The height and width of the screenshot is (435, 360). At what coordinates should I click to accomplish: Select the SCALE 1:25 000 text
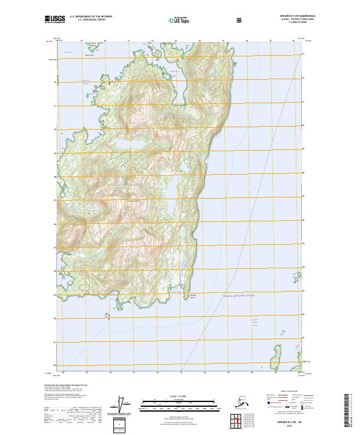click(x=179, y=396)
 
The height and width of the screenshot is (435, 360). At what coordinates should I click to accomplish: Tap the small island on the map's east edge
click(x=295, y=275)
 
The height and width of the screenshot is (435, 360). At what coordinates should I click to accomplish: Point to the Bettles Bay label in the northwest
click(x=67, y=52)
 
